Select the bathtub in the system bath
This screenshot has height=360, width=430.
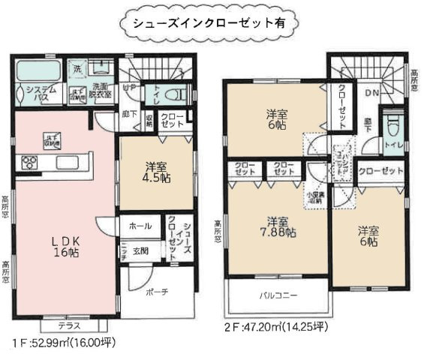click(33, 73)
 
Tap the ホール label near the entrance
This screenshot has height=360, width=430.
click(138, 226)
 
